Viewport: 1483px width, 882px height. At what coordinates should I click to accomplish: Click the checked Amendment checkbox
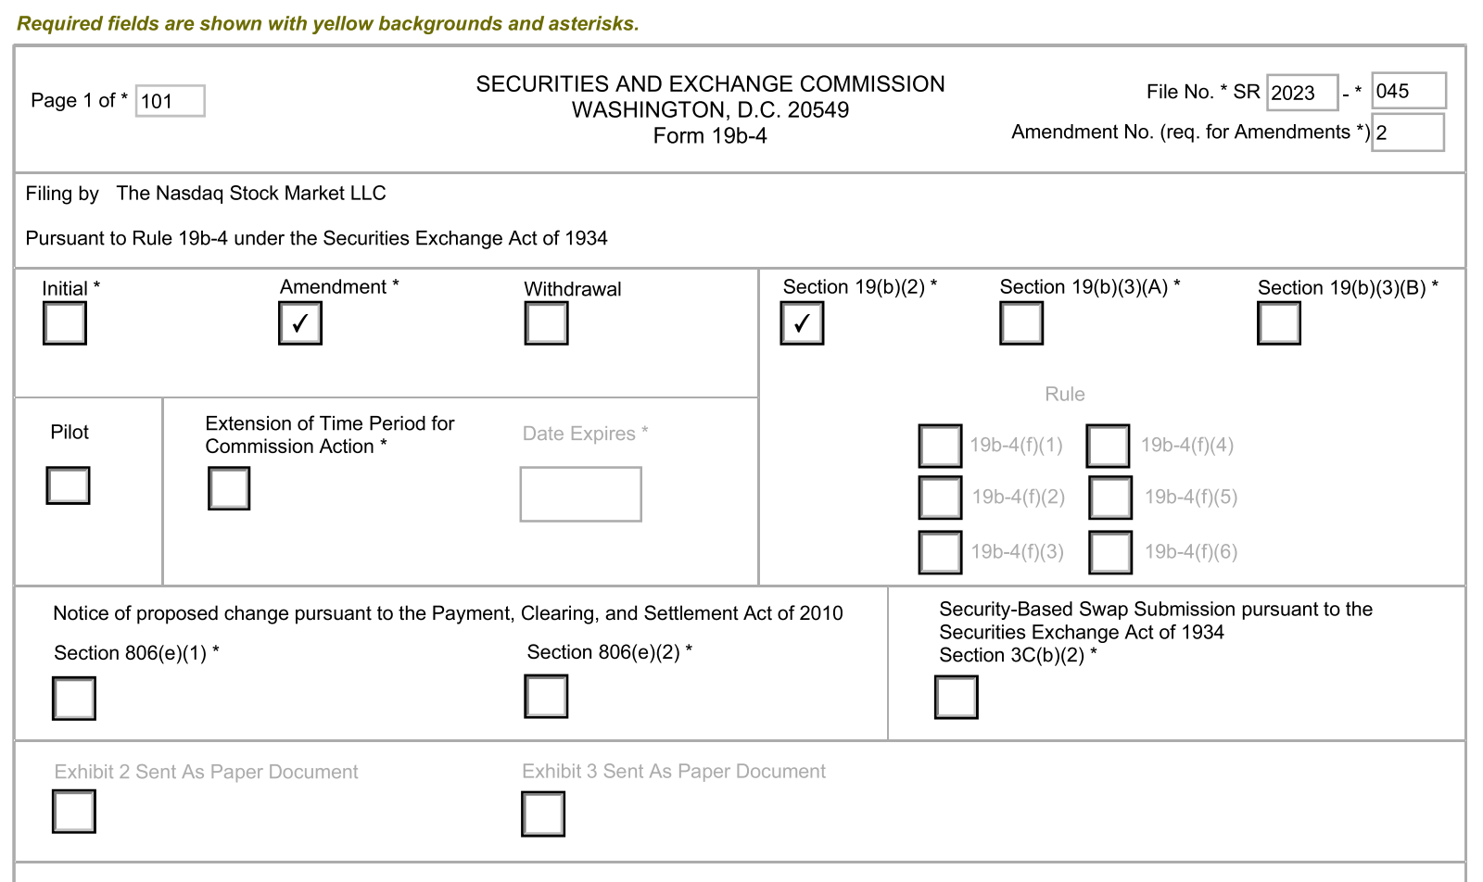click(x=300, y=323)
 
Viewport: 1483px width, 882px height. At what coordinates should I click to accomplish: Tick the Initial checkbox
click(x=65, y=323)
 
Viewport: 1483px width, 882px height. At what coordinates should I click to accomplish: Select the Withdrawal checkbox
click(x=546, y=323)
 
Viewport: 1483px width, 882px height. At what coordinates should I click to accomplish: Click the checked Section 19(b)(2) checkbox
click(x=802, y=323)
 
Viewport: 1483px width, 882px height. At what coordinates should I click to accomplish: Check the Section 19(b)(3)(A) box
click(x=1021, y=323)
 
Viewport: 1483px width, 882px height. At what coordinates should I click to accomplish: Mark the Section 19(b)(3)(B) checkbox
click(x=1279, y=323)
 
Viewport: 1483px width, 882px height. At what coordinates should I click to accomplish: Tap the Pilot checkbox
click(x=68, y=485)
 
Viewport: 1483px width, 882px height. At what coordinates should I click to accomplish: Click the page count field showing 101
click(x=171, y=101)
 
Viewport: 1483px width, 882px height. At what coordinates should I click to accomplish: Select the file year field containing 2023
click(x=1302, y=93)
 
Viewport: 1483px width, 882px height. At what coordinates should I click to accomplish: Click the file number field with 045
click(x=1408, y=91)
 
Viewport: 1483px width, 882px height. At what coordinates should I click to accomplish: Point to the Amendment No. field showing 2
click(x=1407, y=132)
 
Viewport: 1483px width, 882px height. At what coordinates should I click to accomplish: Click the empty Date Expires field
click(x=580, y=494)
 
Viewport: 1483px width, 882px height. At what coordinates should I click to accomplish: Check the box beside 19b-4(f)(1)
click(x=940, y=446)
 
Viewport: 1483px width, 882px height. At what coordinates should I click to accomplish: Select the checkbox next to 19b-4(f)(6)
click(x=1110, y=552)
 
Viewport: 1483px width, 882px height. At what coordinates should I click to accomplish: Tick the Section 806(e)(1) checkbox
click(x=74, y=699)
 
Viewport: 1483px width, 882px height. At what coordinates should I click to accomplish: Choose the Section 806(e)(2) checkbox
click(x=546, y=697)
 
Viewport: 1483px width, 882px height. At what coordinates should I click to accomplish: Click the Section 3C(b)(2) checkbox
click(x=957, y=698)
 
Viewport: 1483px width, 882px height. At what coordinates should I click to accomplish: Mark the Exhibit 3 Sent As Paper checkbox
click(x=543, y=814)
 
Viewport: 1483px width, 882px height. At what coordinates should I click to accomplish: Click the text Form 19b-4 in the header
click(x=710, y=136)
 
